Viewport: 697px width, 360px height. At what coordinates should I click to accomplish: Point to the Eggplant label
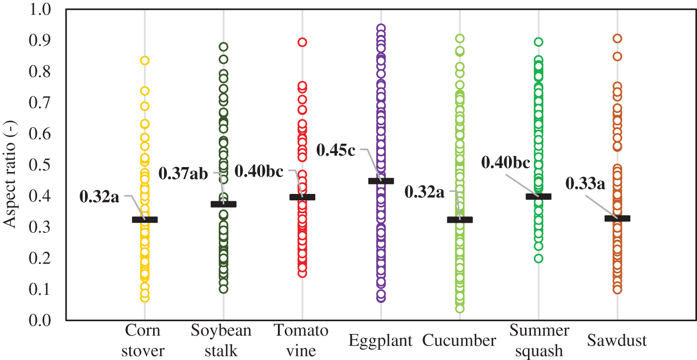[x=381, y=341]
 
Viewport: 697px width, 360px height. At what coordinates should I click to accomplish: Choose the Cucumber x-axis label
[x=459, y=341]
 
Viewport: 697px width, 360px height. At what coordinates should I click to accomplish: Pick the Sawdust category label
[x=617, y=341]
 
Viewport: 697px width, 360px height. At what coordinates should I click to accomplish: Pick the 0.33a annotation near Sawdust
[x=585, y=184]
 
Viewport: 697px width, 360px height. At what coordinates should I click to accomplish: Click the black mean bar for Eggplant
[x=381, y=181]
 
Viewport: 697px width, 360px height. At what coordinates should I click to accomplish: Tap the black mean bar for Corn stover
[x=145, y=220]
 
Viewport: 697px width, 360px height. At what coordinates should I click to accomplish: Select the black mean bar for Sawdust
[x=617, y=218]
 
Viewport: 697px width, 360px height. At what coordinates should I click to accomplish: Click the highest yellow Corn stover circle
[x=145, y=61]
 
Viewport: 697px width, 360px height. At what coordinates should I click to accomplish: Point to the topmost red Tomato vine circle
[x=302, y=42]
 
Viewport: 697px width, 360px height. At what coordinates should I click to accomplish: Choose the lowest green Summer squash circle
[x=538, y=258]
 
